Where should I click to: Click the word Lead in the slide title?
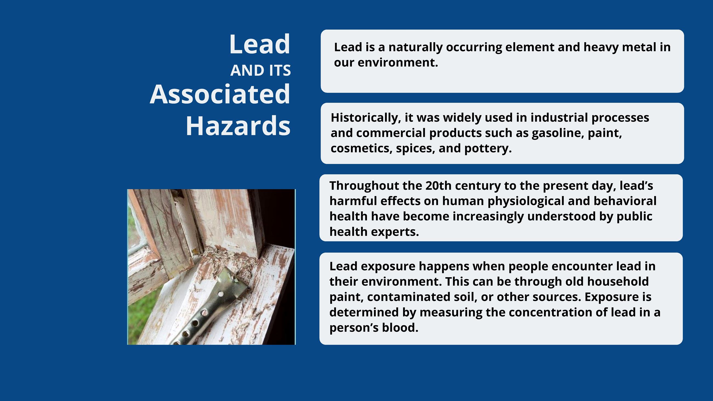(x=260, y=44)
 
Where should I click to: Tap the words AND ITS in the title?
(x=261, y=70)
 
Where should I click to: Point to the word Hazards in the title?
(x=238, y=126)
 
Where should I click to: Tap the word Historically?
(x=366, y=118)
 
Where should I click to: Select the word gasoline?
(x=558, y=133)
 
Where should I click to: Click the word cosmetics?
(x=361, y=149)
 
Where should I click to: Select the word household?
(x=618, y=281)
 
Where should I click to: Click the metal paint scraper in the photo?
(x=210, y=304)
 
